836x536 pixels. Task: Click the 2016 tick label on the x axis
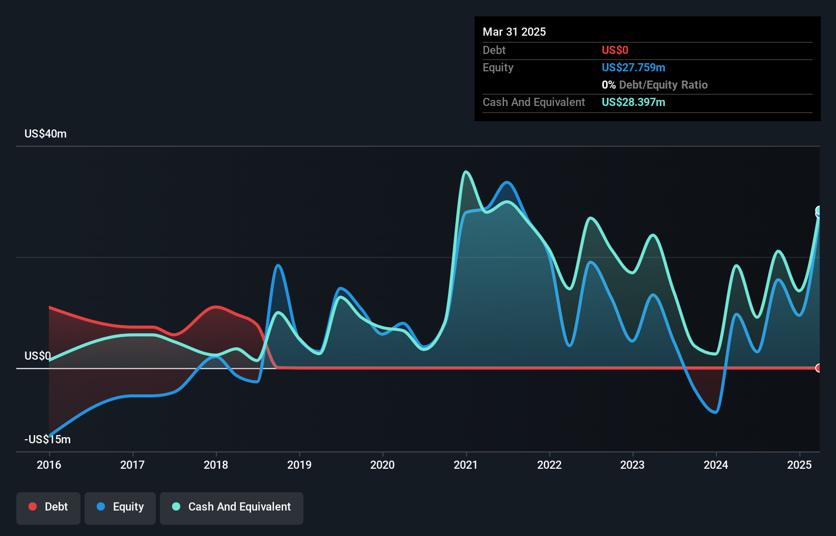(x=49, y=465)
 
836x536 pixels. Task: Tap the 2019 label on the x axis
(x=299, y=465)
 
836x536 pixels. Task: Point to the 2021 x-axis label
(x=466, y=465)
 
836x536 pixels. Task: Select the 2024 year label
(x=716, y=465)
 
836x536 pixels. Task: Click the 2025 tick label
(x=799, y=465)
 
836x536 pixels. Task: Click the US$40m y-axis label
(x=45, y=133)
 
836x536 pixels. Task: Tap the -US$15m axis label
(x=47, y=439)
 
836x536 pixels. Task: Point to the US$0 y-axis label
(x=38, y=356)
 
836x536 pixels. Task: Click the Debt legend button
(x=48, y=507)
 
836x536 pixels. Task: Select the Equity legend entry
(x=120, y=507)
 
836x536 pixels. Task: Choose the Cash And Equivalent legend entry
(x=232, y=507)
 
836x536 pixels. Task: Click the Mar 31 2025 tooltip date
(x=514, y=32)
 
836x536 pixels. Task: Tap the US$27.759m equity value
(x=633, y=67)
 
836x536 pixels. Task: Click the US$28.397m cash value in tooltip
(x=633, y=102)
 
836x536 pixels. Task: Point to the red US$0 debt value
(x=615, y=50)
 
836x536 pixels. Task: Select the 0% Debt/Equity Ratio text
(x=655, y=85)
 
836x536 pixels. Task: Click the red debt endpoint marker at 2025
(x=818, y=368)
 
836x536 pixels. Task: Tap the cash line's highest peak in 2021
(x=466, y=172)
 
